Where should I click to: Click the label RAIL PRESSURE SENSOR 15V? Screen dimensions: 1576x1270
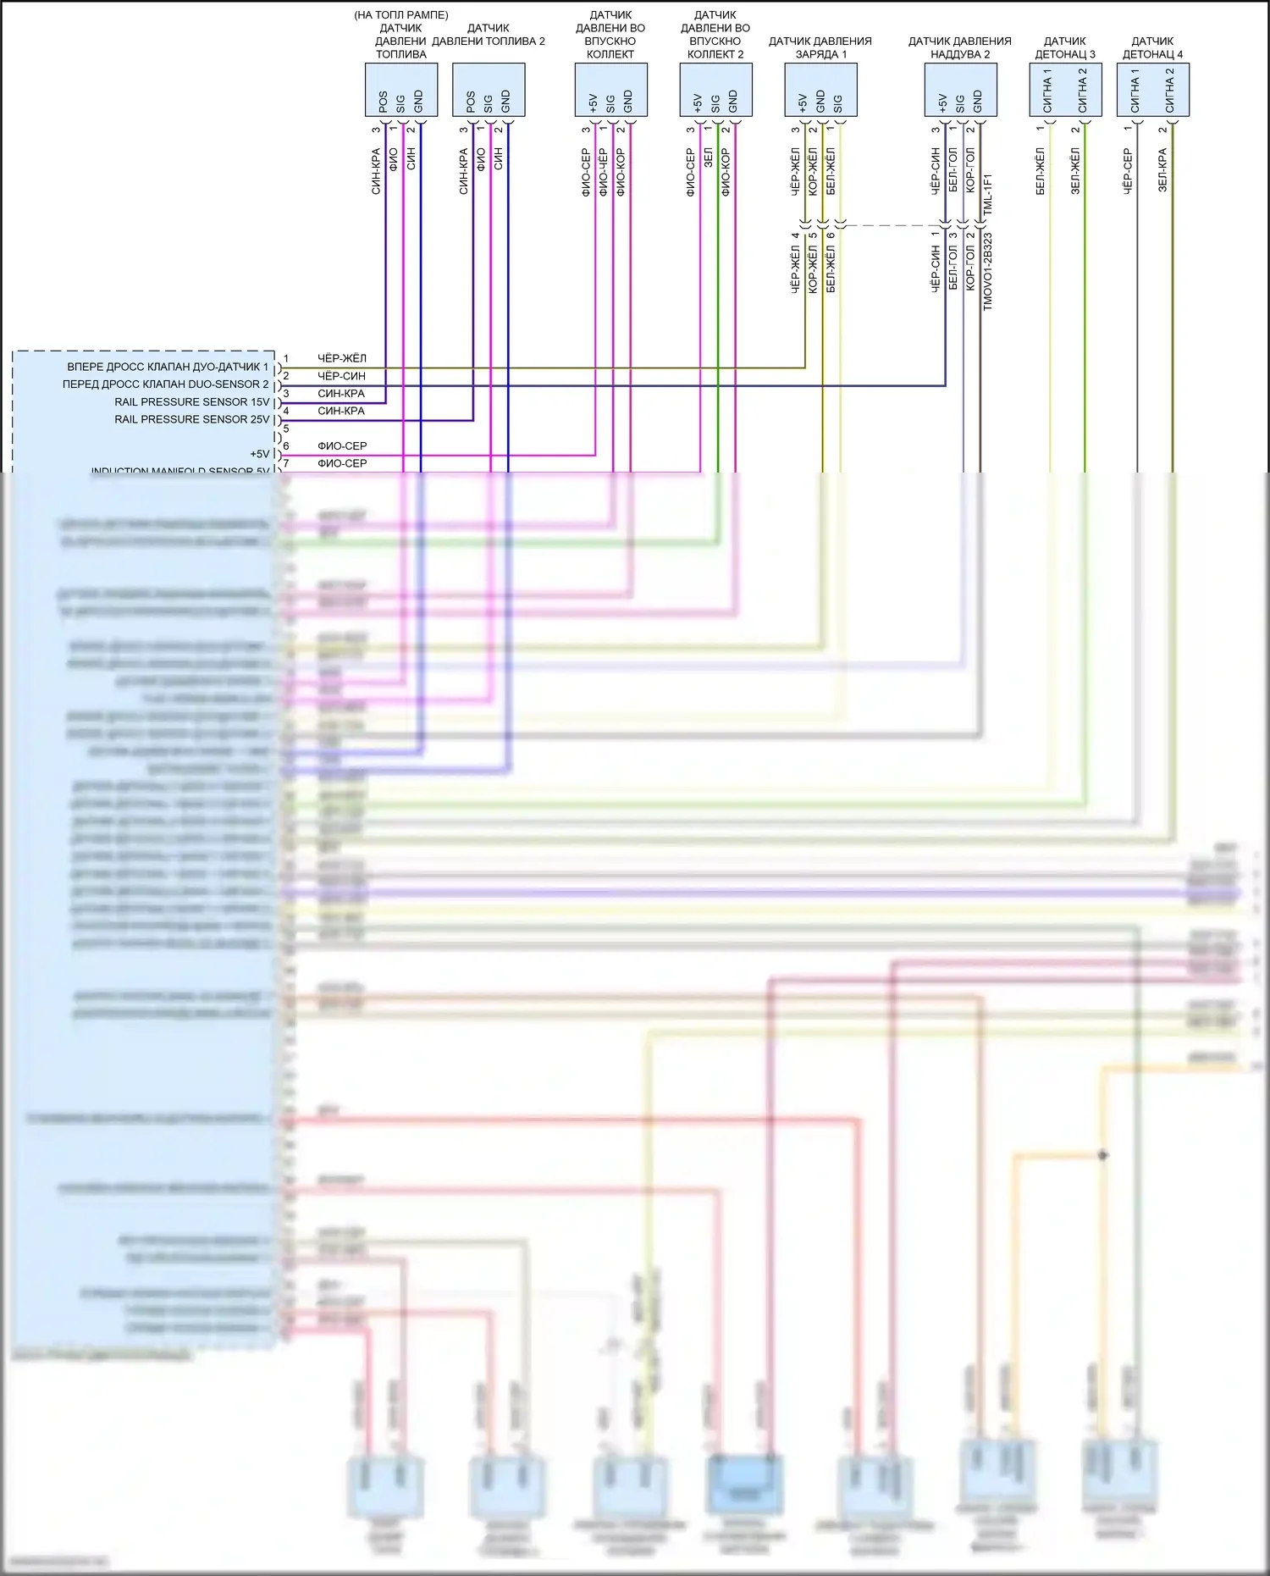191,402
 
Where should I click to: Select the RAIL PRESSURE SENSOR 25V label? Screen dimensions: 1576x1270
191,420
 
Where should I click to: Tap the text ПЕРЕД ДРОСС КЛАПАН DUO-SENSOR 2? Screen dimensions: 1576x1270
165,384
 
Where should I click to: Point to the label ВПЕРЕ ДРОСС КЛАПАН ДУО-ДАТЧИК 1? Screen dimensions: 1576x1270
167,368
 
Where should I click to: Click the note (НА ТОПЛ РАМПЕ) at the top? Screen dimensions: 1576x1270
400,15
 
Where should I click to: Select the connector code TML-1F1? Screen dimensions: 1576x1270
988,194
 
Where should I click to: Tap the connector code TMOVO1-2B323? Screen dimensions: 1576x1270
988,272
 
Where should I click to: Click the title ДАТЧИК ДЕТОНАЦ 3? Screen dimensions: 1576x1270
1065,47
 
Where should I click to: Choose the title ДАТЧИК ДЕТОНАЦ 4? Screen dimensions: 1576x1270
1152,47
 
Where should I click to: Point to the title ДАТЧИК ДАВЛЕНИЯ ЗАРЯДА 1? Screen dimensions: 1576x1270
820,47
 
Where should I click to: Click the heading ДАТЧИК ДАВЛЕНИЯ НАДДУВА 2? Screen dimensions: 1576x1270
959,47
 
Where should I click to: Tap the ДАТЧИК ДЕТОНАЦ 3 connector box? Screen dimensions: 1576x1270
1065,90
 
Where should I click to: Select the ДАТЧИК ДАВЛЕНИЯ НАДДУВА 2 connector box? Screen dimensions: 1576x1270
960,90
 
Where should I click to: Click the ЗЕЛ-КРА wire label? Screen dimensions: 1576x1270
1162,170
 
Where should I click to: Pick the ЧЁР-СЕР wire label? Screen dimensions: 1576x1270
1128,172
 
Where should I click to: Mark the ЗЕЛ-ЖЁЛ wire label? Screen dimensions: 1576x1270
1075,171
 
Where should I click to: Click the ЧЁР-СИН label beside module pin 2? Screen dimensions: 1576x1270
341,376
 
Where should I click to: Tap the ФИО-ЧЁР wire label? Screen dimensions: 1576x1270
604,172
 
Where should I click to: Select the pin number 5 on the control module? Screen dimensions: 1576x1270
286,429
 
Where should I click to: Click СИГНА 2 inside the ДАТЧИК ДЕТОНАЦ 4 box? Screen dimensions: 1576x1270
1170,91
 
